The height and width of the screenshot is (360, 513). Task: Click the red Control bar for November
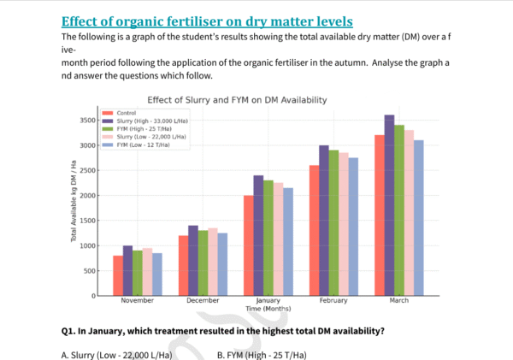coord(118,275)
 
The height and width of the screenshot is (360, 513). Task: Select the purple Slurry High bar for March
coord(390,205)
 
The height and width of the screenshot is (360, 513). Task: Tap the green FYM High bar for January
coord(268,238)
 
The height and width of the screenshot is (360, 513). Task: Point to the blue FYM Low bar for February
coord(352,227)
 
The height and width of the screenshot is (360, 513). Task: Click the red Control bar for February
coord(314,230)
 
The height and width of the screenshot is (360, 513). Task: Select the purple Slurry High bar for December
coord(193,261)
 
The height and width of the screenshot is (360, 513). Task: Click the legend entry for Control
coord(124,113)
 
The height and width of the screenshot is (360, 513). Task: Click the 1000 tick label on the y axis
coord(88,245)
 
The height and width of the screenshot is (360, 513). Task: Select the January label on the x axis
coord(268,301)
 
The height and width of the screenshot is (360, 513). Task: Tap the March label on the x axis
coord(398,301)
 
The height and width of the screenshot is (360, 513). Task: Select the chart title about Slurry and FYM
coord(237,99)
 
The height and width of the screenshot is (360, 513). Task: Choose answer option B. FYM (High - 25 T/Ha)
coord(262,355)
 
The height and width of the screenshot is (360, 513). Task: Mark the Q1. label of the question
coord(69,330)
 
